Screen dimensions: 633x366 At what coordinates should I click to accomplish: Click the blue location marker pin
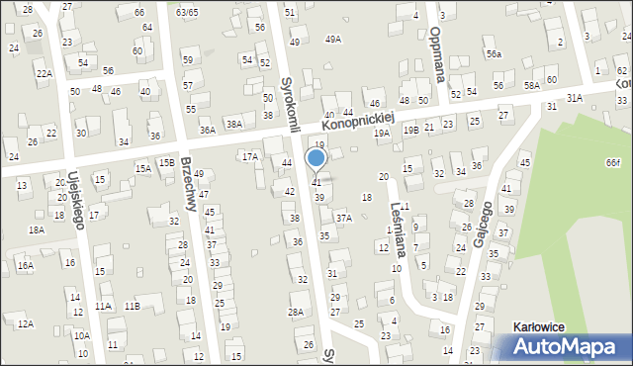point(316,158)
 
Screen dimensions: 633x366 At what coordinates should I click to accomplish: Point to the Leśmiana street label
point(397,226)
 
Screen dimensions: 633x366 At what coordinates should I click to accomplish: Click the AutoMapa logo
point(563,347)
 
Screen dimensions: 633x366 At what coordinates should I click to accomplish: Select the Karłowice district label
point(545,325)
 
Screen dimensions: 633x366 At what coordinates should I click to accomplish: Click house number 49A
point(333,40)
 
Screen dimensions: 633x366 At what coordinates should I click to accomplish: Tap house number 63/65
point(186,12)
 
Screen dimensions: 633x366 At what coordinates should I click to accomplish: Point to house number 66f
point(614,162)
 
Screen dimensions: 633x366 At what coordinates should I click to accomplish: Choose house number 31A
point(574,97)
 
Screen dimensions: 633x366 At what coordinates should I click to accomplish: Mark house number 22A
point(45,73)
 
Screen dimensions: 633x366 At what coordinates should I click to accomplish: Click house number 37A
point(343,218)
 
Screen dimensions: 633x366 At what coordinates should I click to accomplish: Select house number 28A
point(295,312)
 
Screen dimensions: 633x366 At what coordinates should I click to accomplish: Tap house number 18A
point(37,229)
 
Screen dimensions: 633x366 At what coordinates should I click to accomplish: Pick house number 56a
point(493,55)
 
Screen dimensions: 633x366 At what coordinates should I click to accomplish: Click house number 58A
point(531,86)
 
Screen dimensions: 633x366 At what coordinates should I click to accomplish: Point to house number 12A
point(25,323)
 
